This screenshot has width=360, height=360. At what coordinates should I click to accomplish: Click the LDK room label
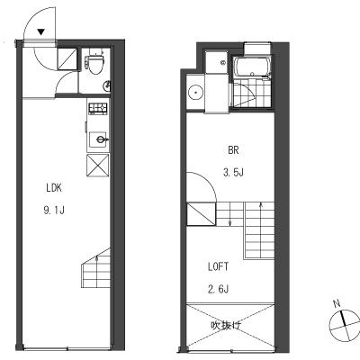tap(54, 188)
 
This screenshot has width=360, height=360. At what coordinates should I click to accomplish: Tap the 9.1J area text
tap(54, 211)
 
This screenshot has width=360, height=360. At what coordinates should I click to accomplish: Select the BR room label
tap(233, 150)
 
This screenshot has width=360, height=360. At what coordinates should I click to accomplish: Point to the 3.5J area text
tap(233, 173)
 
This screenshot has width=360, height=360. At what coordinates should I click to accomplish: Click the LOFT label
tap(219, 266)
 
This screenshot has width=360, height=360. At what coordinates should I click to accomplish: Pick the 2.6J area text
tap(219, 289)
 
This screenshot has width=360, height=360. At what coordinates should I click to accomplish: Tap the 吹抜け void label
tap(226, 326)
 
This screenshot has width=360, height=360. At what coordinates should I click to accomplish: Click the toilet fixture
tap(95, 62)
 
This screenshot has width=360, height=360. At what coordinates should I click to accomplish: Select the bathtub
tap(252, 67)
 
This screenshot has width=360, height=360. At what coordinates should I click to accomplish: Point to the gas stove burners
tap(98, 108)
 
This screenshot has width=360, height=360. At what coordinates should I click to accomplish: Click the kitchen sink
tap(98, 139)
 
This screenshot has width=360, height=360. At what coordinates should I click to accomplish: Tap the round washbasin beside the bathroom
tap(195, 92)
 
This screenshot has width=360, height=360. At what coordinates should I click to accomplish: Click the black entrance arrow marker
tap(41, 31)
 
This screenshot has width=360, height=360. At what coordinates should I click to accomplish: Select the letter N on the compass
tap(337, 304)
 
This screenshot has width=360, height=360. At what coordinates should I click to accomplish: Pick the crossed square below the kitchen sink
tap(98, 166)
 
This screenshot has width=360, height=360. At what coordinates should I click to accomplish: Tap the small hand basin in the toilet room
tap(107, 86)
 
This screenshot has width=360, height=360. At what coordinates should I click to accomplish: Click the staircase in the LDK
tap(95, 268)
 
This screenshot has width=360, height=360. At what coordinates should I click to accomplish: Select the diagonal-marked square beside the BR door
tap(201, 214)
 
